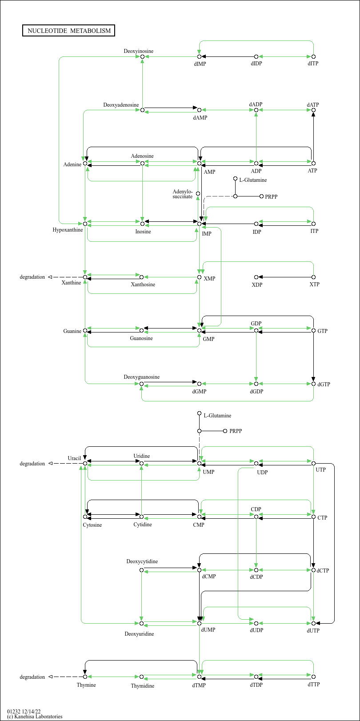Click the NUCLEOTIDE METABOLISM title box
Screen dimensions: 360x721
click(x=68, y=31)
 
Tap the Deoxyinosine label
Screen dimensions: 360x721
click(x=138, y=51)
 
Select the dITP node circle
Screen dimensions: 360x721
click(x=313, y=56)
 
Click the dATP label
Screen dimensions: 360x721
click(x=313, y=104)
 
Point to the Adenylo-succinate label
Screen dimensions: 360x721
click(x=182, y=194)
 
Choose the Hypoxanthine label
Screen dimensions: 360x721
click(x=68, y=230)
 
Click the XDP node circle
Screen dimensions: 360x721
click(x=256, y=277)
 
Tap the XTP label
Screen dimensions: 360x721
click(x=314, y=284)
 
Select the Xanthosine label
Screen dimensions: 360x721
click(x=143, y=284)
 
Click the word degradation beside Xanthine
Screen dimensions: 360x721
click(x=32, y=277)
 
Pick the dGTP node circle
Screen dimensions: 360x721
click(x=313, y=384)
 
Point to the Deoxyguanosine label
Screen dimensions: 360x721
click(x=141, y=377)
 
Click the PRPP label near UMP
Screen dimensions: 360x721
click(x=236, y=431)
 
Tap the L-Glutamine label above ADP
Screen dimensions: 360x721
click(x=253, y=180)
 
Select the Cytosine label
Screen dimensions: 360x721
click(x=92, y=525)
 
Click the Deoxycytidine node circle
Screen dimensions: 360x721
click(x=141, y=570)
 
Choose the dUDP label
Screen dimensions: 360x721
click(x=256, y=630)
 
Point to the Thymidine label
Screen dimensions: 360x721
click(x=143, y=686)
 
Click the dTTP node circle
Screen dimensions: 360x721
click(x=313, y=677)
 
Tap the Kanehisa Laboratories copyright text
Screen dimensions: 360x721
click(x=35, y=717)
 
